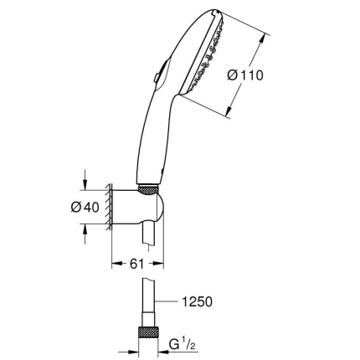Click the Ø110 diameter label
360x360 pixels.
pyautogui.click(x=246, y=75)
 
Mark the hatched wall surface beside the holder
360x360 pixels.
pyautogui.click(x=109, y=206)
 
